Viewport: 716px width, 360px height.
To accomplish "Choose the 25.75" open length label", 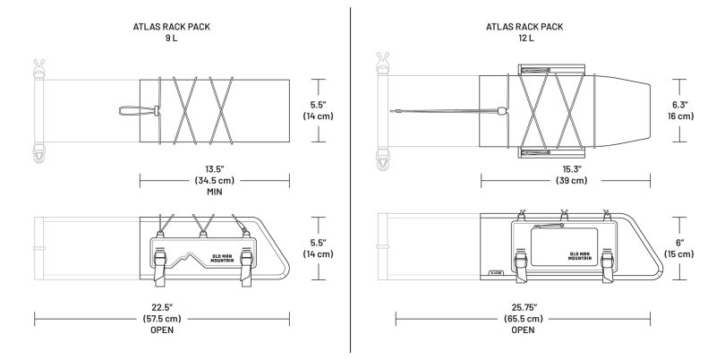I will coord(524,305).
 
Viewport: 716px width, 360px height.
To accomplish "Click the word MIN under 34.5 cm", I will coord(214,192).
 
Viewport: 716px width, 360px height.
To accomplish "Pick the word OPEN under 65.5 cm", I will coord(524,330).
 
